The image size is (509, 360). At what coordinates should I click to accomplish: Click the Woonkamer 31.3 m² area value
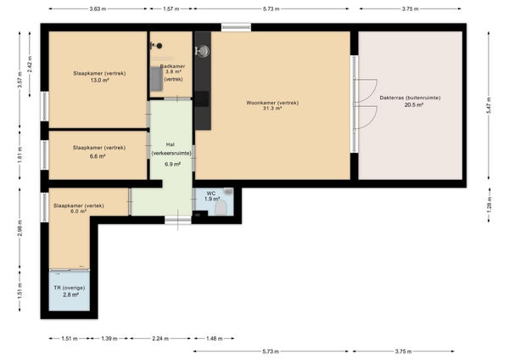click(x=272, y=109)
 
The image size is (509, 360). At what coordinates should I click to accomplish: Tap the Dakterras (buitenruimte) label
click(x=410, y=98)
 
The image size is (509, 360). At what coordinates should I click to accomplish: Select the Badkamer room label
click(x=173, y=66)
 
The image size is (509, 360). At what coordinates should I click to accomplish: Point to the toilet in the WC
click(x=221, y=208)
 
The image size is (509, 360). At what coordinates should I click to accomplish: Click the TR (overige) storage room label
click(x=70, y=288)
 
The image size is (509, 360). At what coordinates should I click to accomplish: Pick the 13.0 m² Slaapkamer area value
click(x=99, y=81)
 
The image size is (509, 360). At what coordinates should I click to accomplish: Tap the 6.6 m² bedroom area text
click(x=98, y=156)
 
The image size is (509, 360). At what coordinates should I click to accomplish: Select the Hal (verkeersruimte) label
click(x=171, y=149)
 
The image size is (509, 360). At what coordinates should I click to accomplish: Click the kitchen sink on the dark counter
click(x=203, y=51)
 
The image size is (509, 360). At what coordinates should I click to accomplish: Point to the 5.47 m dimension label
click(x=489, y=105)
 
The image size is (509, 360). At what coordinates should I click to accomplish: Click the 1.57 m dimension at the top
click(x=171, y=8)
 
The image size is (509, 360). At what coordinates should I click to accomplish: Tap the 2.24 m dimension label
click(x=160, y=339)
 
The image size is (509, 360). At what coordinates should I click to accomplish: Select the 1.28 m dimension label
click(x=489, y=205)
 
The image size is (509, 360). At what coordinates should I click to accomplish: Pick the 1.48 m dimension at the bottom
click(x=215, y=339)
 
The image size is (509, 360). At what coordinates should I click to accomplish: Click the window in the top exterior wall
click(x=236, y=27)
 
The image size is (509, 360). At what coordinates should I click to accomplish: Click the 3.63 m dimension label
click(x=98, y=8)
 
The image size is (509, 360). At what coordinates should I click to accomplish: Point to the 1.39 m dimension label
click(x=109, y=339)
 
